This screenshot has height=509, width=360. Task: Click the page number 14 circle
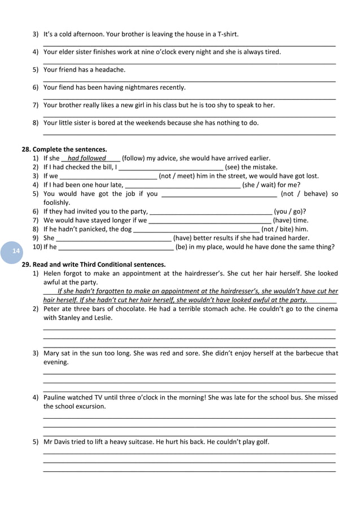[x=15, y=250]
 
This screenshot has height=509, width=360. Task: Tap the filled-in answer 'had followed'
[x=86, y=159]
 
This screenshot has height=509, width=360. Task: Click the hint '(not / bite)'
[x=279, y=229]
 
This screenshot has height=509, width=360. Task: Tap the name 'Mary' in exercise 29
[x=52, y=353]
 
